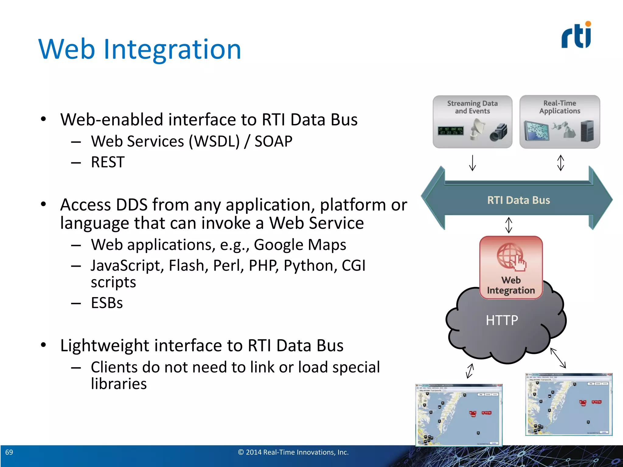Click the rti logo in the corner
[x=576, y=36]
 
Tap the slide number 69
[x=9, y=452]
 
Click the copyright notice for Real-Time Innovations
[x=293, y=452]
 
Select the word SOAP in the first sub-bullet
[x=273, y=141]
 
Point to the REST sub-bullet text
[x=108, y=162]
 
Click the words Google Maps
[x=300, y=245]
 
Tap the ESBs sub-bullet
[x=107, y=303]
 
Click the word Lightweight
[x=105, y=346]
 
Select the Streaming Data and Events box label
[x=472, y=107]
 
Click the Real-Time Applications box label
[x=559, y=107]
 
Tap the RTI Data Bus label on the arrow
[x=518, y=200]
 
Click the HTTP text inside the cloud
[x=502, y=320]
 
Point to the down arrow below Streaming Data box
[x=472, y=163]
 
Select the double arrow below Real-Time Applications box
[x=560, y=163]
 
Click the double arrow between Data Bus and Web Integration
[x=509, y=225]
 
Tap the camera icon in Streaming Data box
[x=498, y=133]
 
